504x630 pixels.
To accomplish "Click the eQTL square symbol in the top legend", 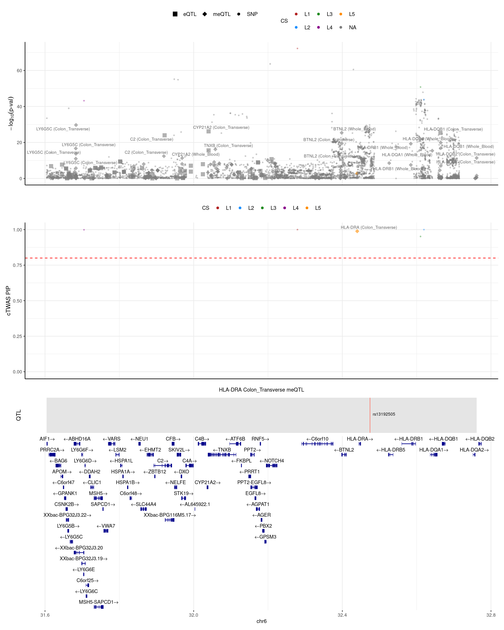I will pos(175,14).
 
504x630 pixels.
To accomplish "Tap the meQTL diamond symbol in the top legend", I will pos(205,14).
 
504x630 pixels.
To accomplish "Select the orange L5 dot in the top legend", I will pos(341,14).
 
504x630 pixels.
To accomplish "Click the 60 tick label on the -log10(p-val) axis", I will pos(19,71).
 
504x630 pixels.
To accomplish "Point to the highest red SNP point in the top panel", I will pos(297,49).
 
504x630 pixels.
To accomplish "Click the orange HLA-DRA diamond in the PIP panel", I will pos(357,231).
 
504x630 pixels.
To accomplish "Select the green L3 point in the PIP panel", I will pos(420,236).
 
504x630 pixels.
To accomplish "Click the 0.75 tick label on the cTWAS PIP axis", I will pos(17,265).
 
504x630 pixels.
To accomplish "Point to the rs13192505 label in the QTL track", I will pos(384,414).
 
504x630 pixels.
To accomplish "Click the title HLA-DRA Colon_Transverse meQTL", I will pos(261,390).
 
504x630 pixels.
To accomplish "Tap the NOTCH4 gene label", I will pos(272,461).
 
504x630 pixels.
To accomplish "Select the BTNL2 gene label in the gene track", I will pos(344,450).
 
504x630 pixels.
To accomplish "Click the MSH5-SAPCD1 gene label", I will pos(98,602).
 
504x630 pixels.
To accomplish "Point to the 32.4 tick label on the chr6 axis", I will pos(342,615).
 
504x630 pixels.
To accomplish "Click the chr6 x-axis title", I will pos(261,621).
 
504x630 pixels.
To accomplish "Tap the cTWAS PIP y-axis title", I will pos(9,301).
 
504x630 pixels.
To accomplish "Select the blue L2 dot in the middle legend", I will pos(240,208).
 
